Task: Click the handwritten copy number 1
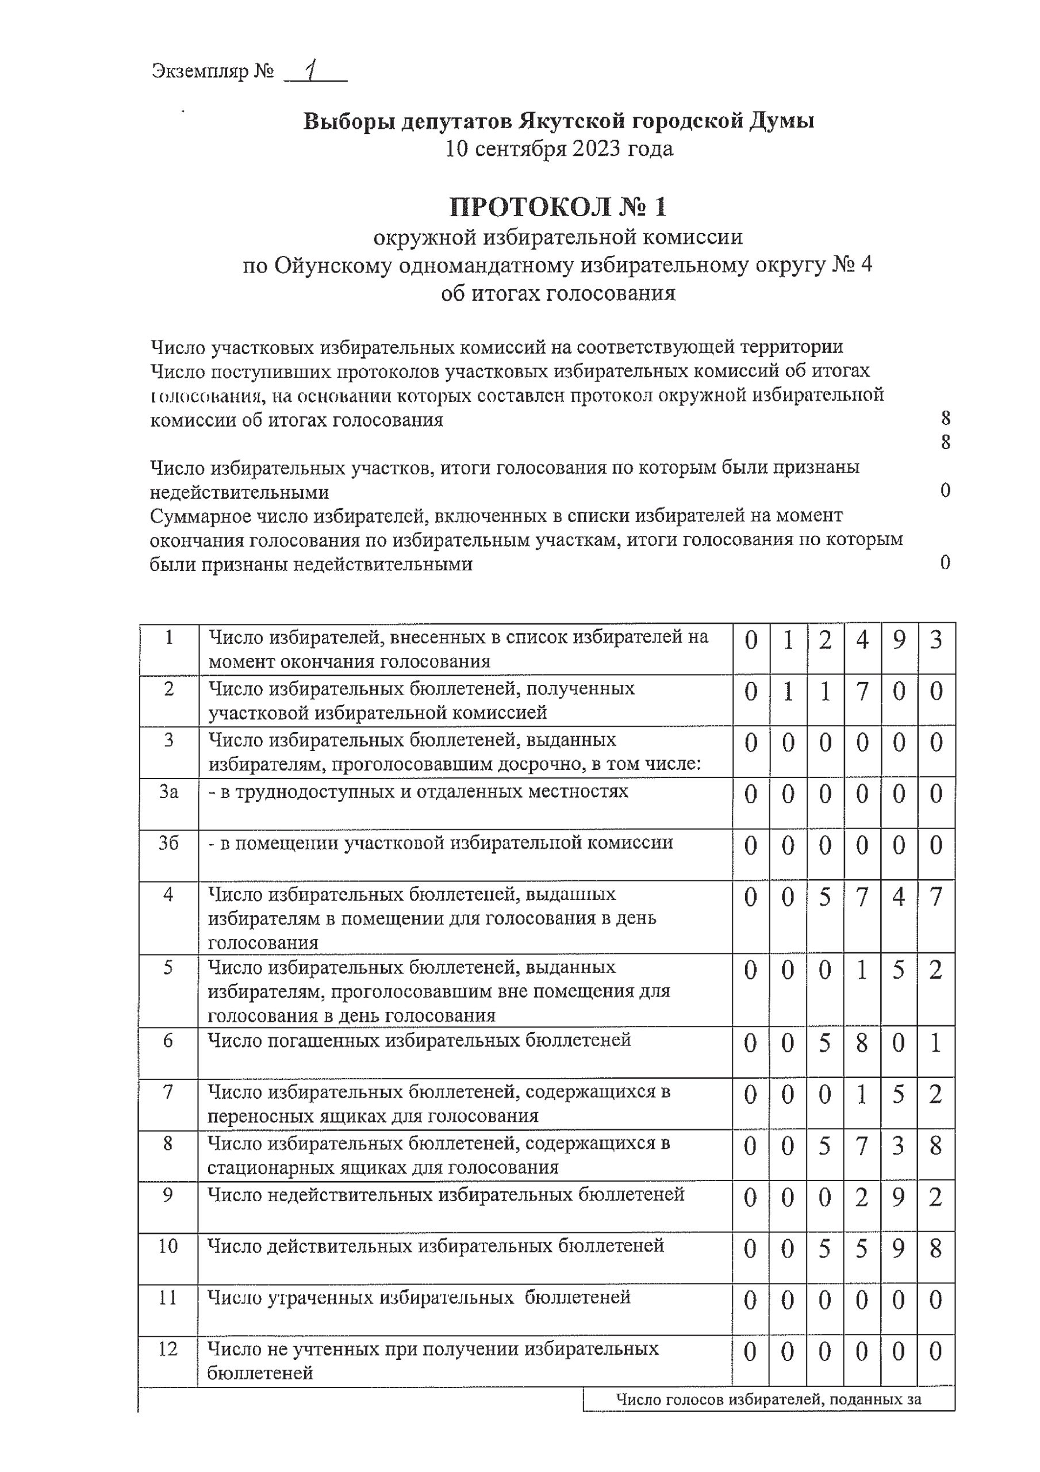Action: click(x=312, y=71)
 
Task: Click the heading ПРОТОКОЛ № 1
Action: click(x=558, y=207)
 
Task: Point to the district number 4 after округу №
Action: click(x=866, y=264)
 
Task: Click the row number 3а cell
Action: click(x=168, y=792)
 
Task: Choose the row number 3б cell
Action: click(x=168, y=843)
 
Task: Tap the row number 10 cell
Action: click(x=168, y=1247)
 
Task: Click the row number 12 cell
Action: click(x=168, y=1350)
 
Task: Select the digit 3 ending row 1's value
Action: click(x=936, y=641)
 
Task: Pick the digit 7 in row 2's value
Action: click(x=862, y=692)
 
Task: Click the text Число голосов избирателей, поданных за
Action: click(x=769, y=1400)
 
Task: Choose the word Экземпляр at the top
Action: click(x=199, y=71)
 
